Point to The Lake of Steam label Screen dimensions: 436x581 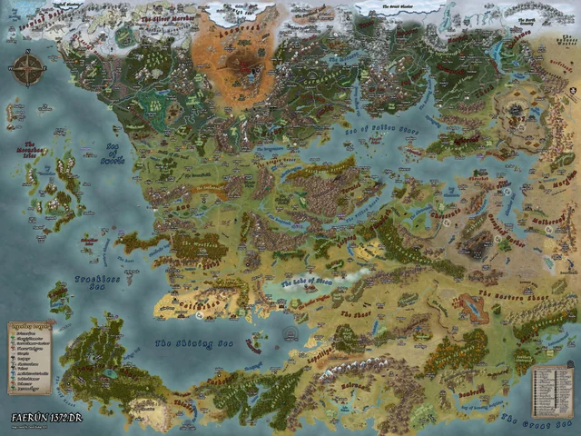click(x=307, y=282)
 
